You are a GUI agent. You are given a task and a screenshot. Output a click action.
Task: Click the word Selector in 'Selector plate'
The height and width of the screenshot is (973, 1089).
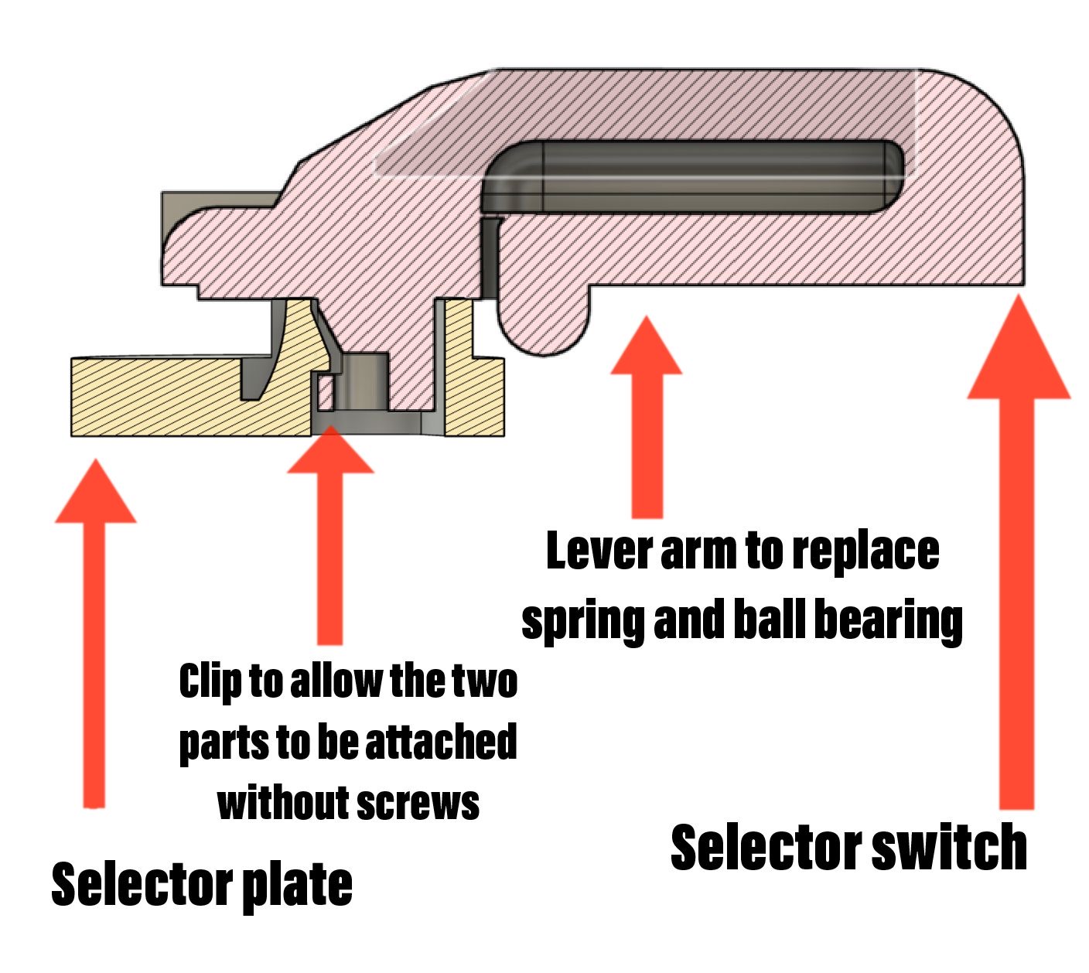pyautogui.click(x=142, y=883)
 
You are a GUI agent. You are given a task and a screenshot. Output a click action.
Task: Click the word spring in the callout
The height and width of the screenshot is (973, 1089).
pyautogui.click(x=582, y=623)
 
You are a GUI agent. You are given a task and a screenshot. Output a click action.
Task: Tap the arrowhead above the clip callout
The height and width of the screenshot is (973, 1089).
pyautogui.click(x=330, y=449)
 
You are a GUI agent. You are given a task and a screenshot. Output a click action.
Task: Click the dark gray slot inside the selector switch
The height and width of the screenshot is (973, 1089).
pyautogui.click(x=694, y=176)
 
